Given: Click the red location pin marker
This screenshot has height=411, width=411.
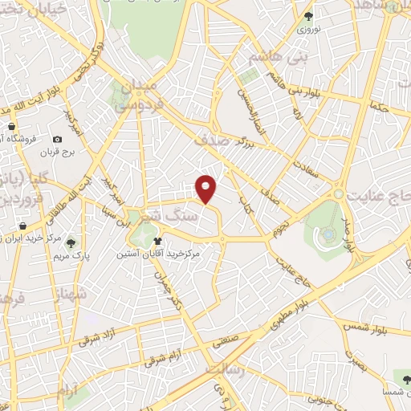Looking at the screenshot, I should (206, 188).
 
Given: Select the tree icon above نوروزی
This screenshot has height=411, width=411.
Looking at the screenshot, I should (308, 16).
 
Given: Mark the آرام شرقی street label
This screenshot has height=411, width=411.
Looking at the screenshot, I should (165, 358).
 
